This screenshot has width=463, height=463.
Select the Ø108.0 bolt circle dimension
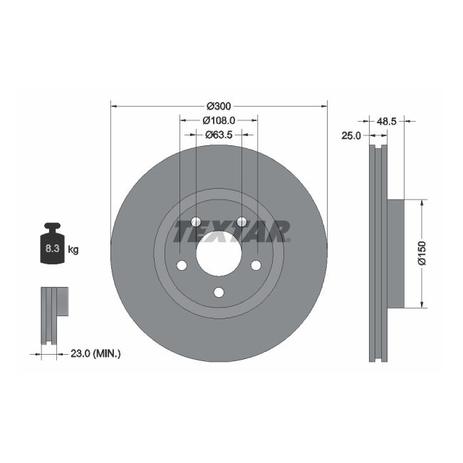pyautogui.click(x=219, y=120)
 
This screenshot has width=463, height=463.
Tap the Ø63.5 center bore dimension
pyautogui.click(x=219, y=134)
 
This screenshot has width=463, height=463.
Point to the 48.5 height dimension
pyautogui.click(x=386, y=121)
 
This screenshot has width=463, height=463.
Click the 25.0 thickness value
pyautogui.click(x=352, y=135)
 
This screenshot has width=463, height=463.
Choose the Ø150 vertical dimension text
pyautogui.click(x=422, y=254)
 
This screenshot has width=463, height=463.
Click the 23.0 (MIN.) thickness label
pyautogui.click(x=97, y=352)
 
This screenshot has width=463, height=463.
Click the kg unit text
pyautogui.click(x=73, y=249)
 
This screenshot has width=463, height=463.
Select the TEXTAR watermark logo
pyautogui.click(x=232, y=231)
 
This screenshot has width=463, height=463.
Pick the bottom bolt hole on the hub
pyautogui.click(x=219, y=293)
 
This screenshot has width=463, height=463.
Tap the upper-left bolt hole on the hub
pyautogui.click(x=196, y=222)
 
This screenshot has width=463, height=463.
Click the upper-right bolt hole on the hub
pyautogui.click(x=241, y=222)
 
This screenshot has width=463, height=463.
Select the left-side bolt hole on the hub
pyautogui.click(x=181, y=266)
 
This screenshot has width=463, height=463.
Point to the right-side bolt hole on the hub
pyautogui.click(x=256, y=266)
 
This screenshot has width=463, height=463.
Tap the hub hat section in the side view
pyautogui.click(x=395, y=254)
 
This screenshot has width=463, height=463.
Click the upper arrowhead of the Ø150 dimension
pyautogui.click(x=422, y=203)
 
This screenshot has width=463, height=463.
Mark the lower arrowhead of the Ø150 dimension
pyautogui.click(x=422, y=304)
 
